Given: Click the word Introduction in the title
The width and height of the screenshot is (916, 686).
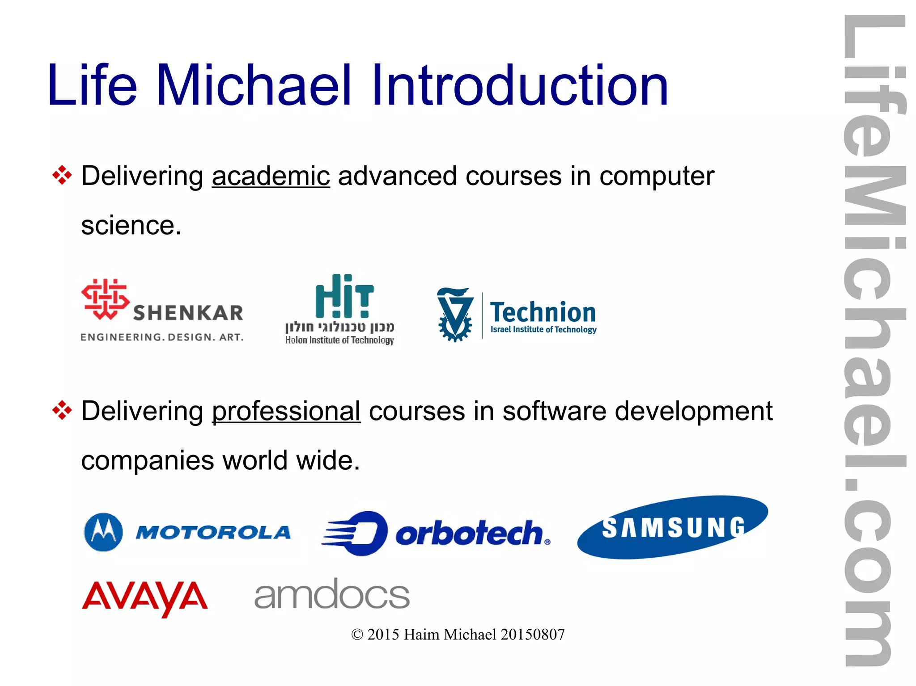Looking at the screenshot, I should [x=519, y=85].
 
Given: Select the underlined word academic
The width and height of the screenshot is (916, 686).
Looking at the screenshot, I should [x=271, y=176].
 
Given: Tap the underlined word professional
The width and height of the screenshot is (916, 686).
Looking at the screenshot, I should [x=286, y=411].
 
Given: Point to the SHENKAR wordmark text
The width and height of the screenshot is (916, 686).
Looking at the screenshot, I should [x=188, y=313].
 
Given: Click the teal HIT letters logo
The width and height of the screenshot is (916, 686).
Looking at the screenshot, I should [x=344, y=296].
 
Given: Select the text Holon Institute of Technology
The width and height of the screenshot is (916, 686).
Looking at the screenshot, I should [x=339, y=340].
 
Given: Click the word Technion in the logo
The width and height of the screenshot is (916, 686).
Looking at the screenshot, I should [x=543, y=312].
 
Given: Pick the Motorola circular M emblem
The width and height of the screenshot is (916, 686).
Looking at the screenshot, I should [x=103, y=532].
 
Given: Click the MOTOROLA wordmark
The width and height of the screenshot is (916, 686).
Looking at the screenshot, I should [x=213, y=532].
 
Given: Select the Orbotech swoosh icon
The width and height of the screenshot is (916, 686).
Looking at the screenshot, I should [x=355, y=533].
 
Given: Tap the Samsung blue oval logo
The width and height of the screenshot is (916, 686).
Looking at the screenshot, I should [x=672, y=527].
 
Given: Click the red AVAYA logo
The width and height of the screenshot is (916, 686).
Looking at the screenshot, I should [x=145, y=598].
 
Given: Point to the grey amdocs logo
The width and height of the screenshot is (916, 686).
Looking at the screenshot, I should [x=332, y=594].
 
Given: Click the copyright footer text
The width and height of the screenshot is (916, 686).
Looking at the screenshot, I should [x=458, y=635].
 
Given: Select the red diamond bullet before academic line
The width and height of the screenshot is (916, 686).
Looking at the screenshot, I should [x=62, y=175].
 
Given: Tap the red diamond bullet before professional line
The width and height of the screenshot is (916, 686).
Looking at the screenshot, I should [x=62, y=410].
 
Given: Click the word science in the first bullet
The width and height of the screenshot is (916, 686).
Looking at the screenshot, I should [x=131, y=225].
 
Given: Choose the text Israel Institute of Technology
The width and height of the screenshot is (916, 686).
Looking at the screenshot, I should [x=543, y=330].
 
